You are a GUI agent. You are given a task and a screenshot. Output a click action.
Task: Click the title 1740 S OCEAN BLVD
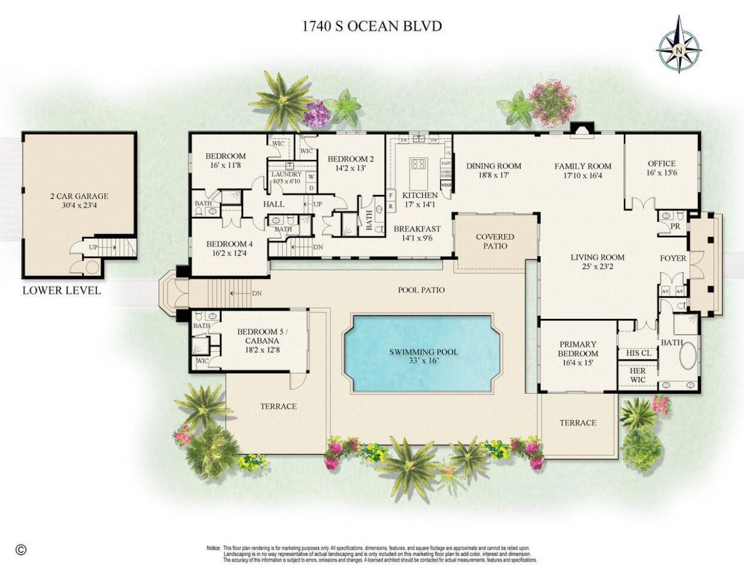point(372,26)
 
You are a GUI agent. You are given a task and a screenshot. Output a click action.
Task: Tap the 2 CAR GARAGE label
point(79,196)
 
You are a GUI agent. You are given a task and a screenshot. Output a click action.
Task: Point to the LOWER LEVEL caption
point(62,290)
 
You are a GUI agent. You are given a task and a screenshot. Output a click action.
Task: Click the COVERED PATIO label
point(495,241)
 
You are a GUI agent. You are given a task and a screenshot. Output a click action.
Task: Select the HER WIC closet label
point(638,375)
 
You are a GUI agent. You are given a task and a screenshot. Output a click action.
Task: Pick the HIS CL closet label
point(638,353)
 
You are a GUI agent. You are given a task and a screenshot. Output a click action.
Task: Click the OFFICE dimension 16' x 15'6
point(661,173)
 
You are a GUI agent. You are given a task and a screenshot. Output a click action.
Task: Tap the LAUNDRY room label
point(286,174)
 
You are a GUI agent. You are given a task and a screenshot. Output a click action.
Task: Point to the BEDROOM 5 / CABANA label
point(258,336)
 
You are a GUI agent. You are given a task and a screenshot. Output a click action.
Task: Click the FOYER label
point(673,258)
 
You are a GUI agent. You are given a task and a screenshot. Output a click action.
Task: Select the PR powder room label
point(675,226)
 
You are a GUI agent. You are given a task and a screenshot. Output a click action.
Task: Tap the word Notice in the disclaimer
point(213,548)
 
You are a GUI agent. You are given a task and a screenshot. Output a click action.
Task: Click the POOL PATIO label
point(421,290)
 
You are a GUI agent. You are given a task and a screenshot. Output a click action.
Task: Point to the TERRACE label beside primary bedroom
point(578,423)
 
